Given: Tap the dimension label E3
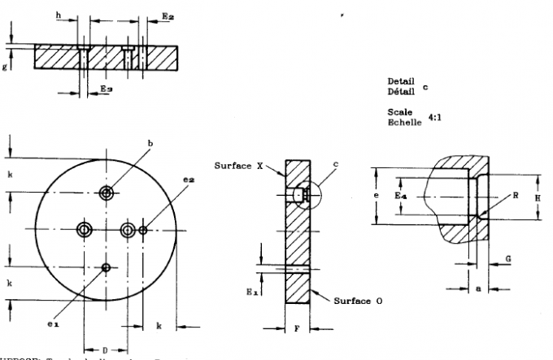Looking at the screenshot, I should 106,87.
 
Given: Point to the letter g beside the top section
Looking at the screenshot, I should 5,67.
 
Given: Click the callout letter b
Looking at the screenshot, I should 150,144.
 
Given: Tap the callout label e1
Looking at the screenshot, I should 53,325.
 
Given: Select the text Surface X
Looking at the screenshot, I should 239,166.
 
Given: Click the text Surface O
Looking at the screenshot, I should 358,301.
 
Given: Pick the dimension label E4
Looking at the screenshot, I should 400,197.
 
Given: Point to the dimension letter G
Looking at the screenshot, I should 508,258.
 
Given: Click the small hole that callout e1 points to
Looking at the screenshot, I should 106,267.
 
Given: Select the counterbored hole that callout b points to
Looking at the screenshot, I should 106,193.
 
